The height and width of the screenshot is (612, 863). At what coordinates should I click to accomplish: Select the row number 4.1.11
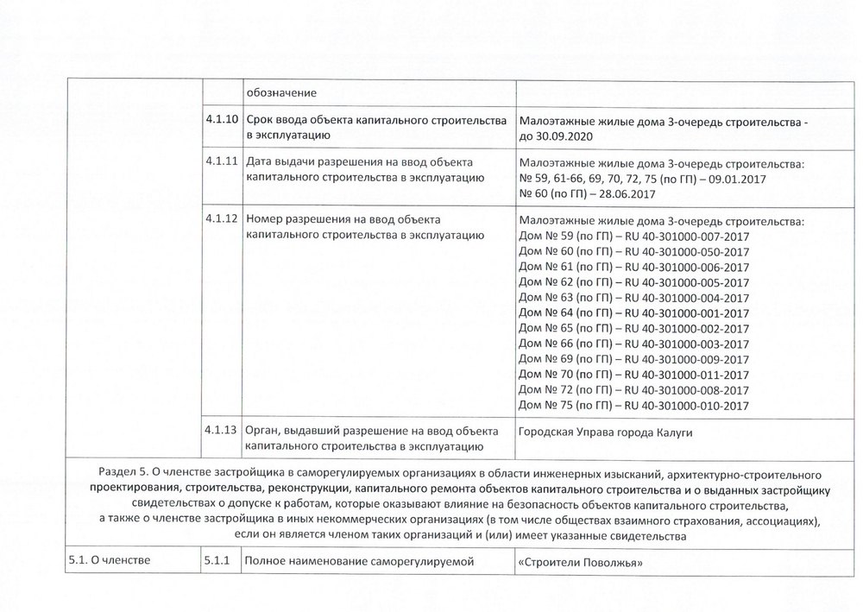pos(222,161)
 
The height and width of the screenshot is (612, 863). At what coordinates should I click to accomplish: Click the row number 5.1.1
pos(218,563)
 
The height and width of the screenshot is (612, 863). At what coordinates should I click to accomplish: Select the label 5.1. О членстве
pos(109,563)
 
